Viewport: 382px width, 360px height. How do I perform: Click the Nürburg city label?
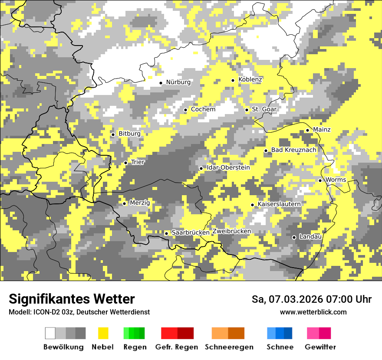(178, 82)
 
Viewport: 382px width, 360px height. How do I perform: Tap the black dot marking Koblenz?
(233, 80)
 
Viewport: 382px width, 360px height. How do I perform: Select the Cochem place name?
(203, 109)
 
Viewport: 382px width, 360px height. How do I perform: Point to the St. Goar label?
(264, 109)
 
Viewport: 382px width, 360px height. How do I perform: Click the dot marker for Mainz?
(307, 130)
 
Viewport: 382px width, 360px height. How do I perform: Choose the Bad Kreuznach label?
(293, 150)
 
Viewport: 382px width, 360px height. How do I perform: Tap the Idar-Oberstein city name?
(228, 167)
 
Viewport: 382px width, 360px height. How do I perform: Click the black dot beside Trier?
(125, 163)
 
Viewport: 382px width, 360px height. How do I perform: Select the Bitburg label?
(129, 134)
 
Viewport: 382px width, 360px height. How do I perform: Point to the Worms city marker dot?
(320, 180)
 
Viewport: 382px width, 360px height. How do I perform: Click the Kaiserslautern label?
(279, 204)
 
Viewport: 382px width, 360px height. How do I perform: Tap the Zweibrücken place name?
(231, 231)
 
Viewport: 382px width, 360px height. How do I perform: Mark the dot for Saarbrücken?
(166, 233)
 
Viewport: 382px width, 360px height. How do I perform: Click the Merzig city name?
(140, 203)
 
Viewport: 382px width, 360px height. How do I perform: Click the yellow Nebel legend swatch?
(103, 333)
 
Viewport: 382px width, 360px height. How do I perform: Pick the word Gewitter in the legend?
(320, 347)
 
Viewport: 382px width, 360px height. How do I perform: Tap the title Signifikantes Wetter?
(72, 299)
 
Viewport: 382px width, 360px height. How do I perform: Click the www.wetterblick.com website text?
(313, 312)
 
